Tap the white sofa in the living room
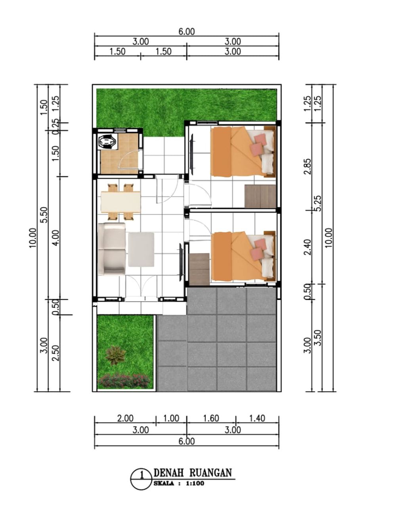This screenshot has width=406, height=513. coord(111,249)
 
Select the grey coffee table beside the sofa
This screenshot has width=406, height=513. coord(141,250)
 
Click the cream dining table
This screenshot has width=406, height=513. coord(121,202)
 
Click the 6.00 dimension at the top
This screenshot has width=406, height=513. coord(187,31)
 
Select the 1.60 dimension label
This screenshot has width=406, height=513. coord(211,418)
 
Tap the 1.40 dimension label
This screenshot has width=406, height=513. coord(257,418)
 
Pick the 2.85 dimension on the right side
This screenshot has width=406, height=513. coord(308,167)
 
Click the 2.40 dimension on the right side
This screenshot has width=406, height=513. coord(308,247)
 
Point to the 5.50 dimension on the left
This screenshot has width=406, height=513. coord(44,214)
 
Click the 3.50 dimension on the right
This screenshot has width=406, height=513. coord(318,337)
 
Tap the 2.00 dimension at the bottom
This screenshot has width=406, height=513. coord(125,418)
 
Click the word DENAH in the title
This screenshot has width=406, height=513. coord(169,472)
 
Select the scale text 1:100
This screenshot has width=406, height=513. coord(195,483)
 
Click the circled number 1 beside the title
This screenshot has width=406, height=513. coord(142,479)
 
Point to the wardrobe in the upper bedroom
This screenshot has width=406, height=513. coord(260,196)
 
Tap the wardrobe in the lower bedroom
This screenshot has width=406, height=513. coord(199,269)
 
